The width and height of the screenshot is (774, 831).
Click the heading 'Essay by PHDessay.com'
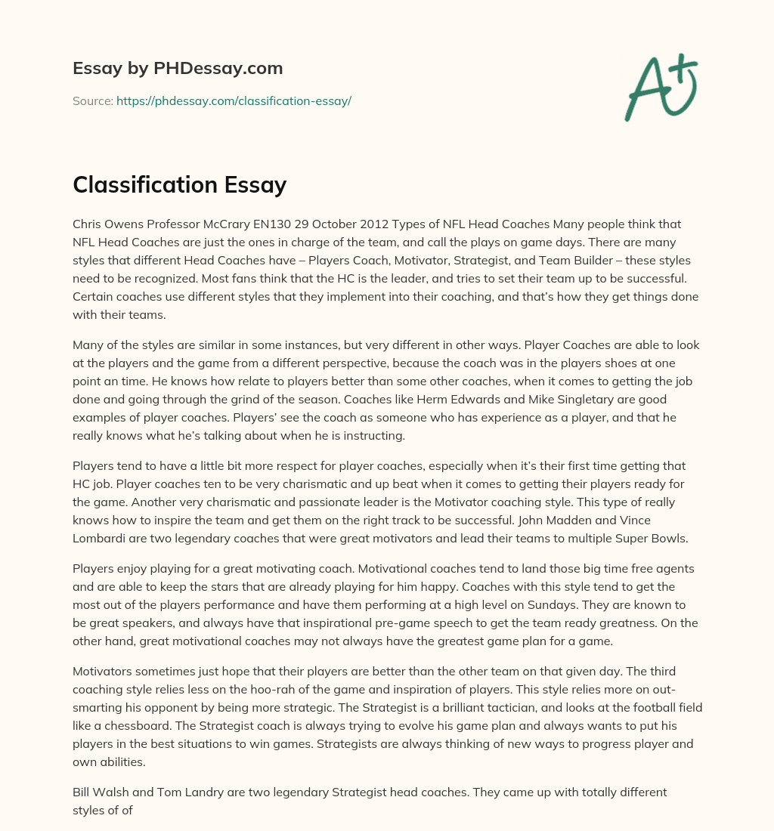point(178,69)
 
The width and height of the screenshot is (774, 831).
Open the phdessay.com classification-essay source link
point(234,100)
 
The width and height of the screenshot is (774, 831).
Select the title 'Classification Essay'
point(179,184)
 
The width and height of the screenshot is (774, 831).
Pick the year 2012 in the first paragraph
point(426,224)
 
